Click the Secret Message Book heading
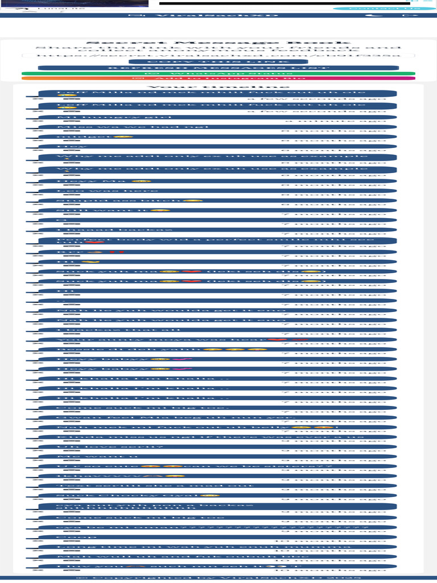(x=218, y=43)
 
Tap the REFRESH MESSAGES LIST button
(x=218, y=68)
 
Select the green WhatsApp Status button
(x=218, y=73)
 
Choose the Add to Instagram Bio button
(x=218, y=79)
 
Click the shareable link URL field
(x=218, y=56)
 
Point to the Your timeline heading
(x=218, y=87)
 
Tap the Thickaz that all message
(x=91, y=330)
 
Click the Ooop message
(x=68, y=537)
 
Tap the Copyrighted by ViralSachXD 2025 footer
(x=218, y=577)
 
